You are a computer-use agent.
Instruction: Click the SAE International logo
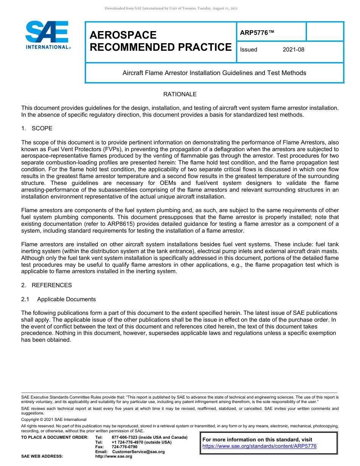click(47, 35)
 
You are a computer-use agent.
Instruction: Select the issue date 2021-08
click(293, 50)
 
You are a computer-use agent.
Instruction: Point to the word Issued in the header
click(249, 50)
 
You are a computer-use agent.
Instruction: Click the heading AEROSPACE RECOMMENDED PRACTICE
click(160, 41)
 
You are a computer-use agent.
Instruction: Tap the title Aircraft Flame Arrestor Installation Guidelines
click(214, 73)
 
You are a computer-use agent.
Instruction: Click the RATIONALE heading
click(180, 94)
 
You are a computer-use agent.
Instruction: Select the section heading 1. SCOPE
click(37, 128)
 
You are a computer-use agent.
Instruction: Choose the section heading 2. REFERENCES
click(46, 285)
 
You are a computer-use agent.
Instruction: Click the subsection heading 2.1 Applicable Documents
click(58, 299)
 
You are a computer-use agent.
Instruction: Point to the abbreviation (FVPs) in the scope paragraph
click(102, 149)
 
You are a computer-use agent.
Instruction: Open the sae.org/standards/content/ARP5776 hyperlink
click(259, 446)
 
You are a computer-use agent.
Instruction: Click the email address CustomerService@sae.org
click(138, 452)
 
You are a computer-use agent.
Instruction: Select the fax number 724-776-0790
click(125, 447)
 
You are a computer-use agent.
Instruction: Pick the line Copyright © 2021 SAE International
click(54, 419)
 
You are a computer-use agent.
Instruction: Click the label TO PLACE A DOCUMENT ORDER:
click(55, 438)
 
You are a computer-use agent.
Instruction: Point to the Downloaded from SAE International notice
click(171, 8)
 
